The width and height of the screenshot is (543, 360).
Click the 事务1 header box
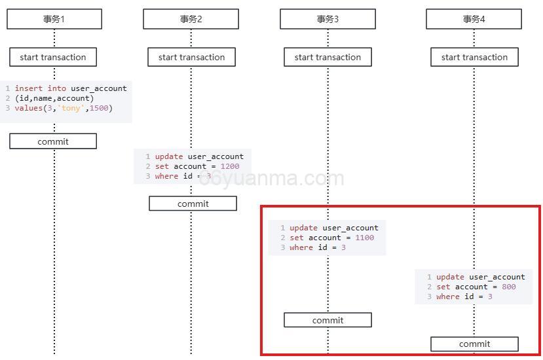point(54,19)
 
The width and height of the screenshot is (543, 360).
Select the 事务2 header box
point(191,19)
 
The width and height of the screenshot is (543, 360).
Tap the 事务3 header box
point(328,19)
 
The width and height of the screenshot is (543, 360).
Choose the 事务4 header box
point(474,19)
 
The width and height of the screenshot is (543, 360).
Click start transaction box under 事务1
point(53,57)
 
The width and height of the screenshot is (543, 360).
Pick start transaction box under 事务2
point(191,57)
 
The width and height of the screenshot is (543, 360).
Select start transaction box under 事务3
point(328,57)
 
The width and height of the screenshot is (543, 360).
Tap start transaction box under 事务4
point(474,57)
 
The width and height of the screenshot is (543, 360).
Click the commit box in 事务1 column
point(53,141)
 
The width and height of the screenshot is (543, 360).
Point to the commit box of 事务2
point(193,204)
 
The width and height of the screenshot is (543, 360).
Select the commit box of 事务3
point(328,320)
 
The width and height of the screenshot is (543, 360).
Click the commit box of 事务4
point(474,344)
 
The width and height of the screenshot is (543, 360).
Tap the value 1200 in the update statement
point(230,166)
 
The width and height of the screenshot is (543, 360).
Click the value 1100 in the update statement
point(364,238)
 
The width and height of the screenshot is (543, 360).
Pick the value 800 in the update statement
point(508,287)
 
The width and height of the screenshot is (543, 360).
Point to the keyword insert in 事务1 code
point(29,88)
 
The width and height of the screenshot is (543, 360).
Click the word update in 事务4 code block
point(450,277)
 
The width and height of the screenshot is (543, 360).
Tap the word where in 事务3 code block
point(301,247)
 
